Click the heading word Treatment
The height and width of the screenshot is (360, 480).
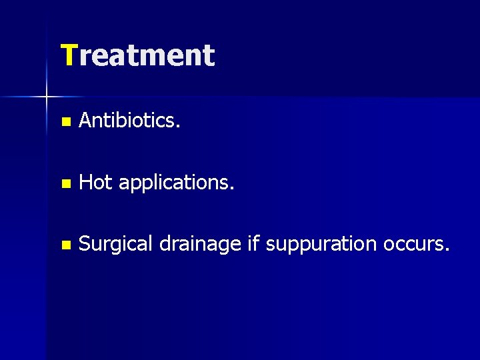click(137, 55)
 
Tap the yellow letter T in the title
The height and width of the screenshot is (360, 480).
click(69, 55)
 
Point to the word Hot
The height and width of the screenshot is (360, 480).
click(95, 183)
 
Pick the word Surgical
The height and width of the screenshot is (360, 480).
click(115, 245)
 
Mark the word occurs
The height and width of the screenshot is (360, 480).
click(415, 245)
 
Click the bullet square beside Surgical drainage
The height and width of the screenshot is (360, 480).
click(64, 245)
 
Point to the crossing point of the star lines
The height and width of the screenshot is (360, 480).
click(47, 97)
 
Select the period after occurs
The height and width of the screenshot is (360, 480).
click(447, 250)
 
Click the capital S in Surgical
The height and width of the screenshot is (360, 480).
click(84, 244)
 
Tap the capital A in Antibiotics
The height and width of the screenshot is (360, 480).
click(85, 121)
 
